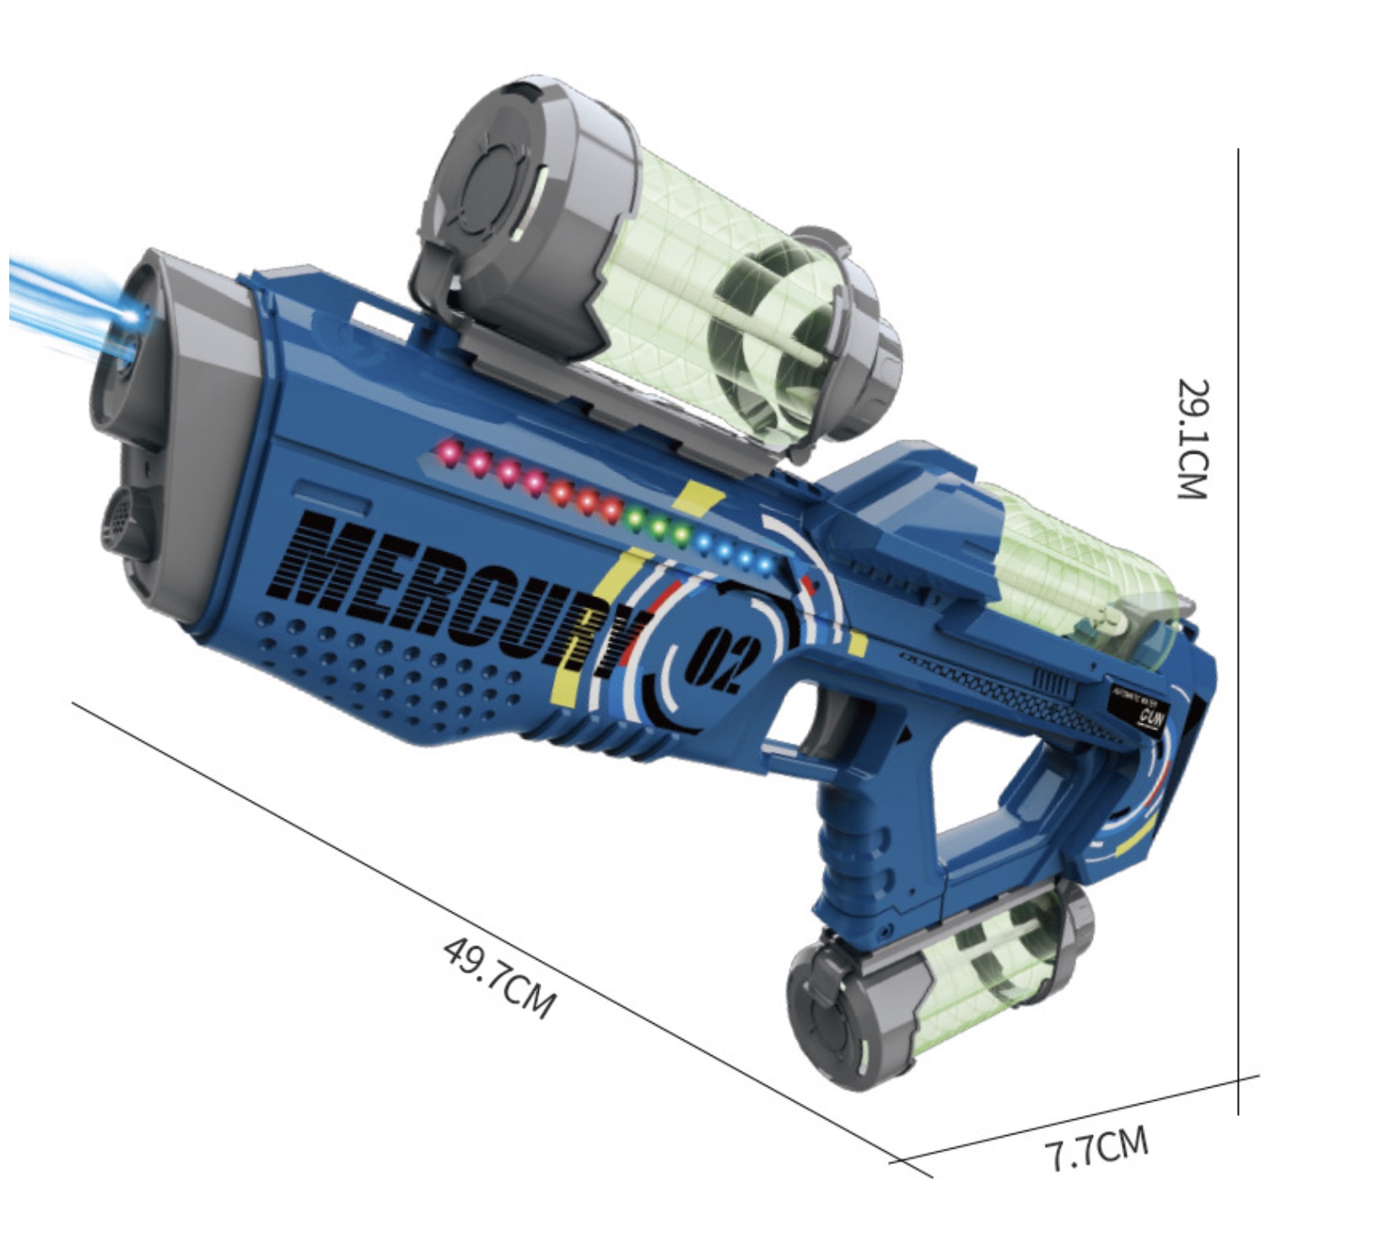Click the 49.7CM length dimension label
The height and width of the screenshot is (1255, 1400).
click(x=499, y=978)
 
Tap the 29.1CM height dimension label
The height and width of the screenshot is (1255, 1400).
click(x=1193, y=439)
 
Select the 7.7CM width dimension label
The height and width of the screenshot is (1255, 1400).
click(x=1096, y=1149)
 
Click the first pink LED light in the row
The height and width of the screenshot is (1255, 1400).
click(x=450, y=453)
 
